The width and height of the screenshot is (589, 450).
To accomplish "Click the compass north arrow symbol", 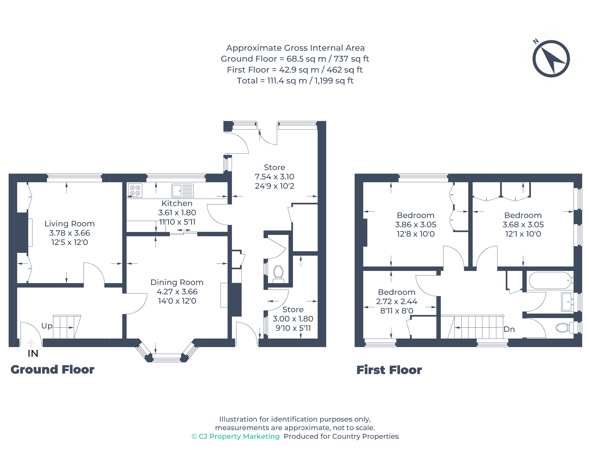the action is pyautogui.click(x=551, y=58).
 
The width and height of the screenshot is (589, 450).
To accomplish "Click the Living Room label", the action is pyautogui.click(x=69, y=224).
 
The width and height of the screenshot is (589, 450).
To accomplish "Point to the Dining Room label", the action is pyautogui.click(x=177, y=282).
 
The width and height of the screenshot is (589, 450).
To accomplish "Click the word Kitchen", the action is pyautogui.click(x=177, y=203).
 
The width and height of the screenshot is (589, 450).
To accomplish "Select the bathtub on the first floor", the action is pyautogui.click(x=551, y=280).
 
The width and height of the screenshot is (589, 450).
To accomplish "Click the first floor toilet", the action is pyautogui.click(x=564, y=327).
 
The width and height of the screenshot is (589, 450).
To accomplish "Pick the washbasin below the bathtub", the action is pyautogui.click(x=567, y=302).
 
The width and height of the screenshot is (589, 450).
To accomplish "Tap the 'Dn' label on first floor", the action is pyautogui.click(x=509, y=329).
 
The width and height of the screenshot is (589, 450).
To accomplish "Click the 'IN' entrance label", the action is pyautogui.click(x=33, y=354).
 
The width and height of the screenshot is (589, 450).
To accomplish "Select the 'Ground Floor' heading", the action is pyautogui.click(x=52, y=370).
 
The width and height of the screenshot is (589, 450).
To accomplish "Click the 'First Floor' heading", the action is pyautogui.click(x=389, y=370).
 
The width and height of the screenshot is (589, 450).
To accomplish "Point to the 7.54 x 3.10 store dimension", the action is pyautogui.click(x=274, y=176).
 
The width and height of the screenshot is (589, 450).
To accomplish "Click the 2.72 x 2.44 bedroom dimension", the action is pyautogui.click(x=397, y=301).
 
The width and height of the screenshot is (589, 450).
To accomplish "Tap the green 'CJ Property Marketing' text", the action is pyautogui.click(x=236, y=436).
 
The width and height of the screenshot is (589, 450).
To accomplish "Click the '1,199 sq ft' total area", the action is pyautogui.click(x=334, y=81).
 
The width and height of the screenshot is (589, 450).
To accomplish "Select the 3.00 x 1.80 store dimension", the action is pyautogui.click(x=293, y=319).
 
